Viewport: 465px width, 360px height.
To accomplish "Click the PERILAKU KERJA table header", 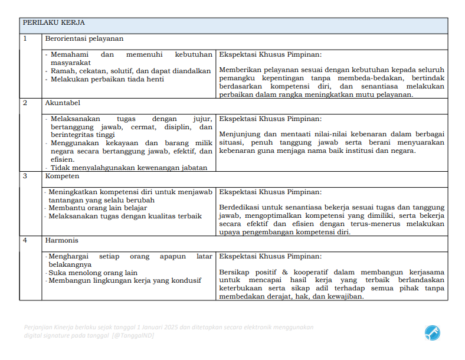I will coord(54,23).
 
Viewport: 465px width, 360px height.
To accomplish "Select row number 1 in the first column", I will coord(25,39).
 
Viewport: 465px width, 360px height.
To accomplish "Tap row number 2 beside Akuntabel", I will coord(25,103).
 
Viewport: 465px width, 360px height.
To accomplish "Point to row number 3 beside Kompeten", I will coord(25,176).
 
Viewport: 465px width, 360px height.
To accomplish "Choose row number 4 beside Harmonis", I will coord(25,240).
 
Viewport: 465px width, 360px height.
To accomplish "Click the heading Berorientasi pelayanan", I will coord(84,39).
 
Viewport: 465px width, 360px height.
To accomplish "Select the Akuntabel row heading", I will coord(63,103).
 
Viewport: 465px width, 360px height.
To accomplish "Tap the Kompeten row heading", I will coord(63,176).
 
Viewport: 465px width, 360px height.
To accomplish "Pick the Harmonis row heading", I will coord(62,240).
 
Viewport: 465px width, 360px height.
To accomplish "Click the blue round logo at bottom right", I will coord(432,333).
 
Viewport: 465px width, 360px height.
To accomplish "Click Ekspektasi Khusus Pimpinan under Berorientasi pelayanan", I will coord(270,54).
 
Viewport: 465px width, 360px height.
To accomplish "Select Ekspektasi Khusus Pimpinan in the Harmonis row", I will coord(270,257).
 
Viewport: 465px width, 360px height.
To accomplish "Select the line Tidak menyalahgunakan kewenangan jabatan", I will coord(129,167).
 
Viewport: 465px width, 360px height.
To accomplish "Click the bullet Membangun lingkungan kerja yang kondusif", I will coord(125,280).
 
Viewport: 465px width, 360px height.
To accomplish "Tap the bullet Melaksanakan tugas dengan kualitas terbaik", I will coord(125,216).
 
